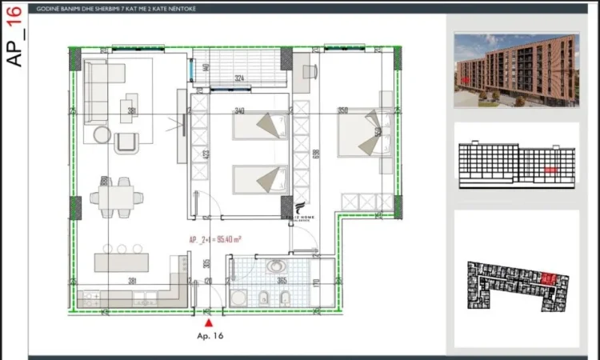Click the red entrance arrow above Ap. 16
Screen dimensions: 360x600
click(x=209, y=322)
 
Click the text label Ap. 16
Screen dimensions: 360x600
click(x=210, y=337)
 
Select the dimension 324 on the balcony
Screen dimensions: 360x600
click(x=238, y=78)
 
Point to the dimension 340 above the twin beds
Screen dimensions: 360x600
click(x=238, y=111)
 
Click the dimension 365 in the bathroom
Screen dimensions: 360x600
click(x=282, y=281)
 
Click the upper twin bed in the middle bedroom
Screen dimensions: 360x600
click(x=260, y=126)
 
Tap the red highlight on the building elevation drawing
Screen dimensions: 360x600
click(x=550, y=170)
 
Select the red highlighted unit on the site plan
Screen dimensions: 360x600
click(x=549, y=278)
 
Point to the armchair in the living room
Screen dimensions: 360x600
click(x=127, y=142)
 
